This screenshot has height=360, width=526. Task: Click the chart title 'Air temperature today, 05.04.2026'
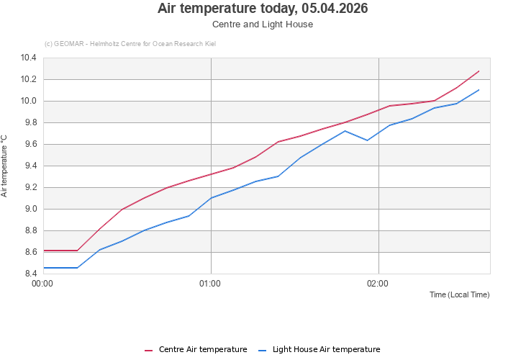click(263, 9)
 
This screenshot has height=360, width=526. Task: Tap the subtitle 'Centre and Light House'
click(263, 24)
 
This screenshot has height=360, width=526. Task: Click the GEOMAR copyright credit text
click(130, 44)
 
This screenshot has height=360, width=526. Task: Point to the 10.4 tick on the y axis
click(29, 58)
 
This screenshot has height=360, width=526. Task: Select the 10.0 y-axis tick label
click(29, 101)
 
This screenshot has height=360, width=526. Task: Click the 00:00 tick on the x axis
click(43, 284)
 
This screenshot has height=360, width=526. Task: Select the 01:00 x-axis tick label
click(210, 284)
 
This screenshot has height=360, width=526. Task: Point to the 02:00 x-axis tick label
click(378, 284)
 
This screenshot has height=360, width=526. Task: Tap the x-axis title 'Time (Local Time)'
click(459, 295)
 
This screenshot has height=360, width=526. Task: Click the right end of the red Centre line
click(479, 71)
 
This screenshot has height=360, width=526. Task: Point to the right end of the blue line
click(479, 90)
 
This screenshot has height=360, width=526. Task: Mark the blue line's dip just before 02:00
click(367, 140)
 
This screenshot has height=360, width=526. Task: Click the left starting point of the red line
click(44, 251)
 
